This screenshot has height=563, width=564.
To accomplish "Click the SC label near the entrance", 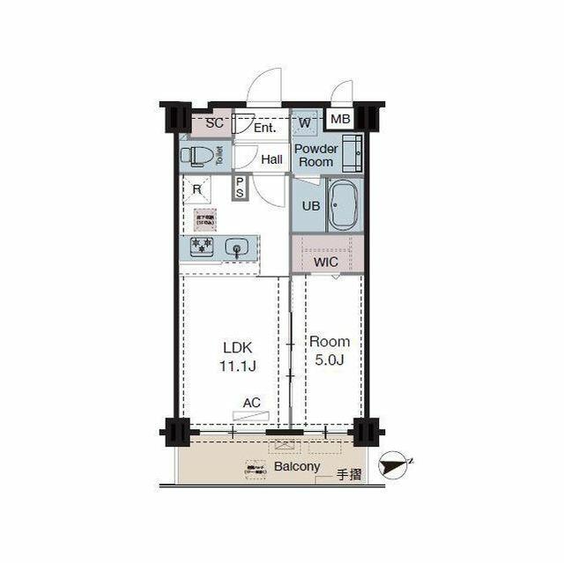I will point(213,124).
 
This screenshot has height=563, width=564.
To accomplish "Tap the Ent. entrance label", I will point(264,128).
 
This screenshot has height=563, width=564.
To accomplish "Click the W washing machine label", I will point(304,123).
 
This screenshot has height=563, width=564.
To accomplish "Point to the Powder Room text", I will point(315,155).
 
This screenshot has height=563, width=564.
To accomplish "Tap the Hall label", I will point(271,159).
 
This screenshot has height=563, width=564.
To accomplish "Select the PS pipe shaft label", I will point(240,188).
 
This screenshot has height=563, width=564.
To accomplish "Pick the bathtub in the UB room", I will point(344,206).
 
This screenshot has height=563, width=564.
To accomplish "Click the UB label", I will point(311,205).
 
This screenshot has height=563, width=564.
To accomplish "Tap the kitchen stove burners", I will point(201,248).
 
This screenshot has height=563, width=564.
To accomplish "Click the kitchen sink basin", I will point(236,248).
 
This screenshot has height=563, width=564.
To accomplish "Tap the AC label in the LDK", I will point(252,403).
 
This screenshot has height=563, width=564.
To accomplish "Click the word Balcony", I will point(297,467).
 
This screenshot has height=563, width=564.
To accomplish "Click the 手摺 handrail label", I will point(349,477).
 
